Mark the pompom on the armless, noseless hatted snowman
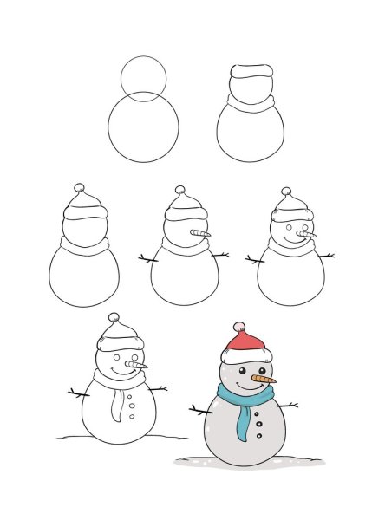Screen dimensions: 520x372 coord(80,187)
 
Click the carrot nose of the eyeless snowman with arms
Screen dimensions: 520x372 coord(201,234)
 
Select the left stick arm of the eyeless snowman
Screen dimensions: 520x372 coord(147,257)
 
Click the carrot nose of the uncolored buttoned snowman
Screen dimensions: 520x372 coord(139,367)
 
